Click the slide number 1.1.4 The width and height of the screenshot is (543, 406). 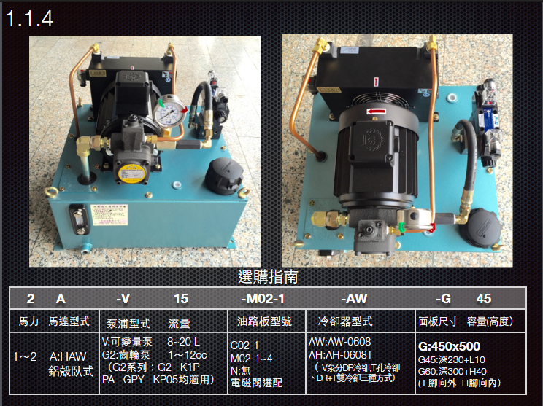(30, 17)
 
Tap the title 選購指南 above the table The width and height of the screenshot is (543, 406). (269, 277)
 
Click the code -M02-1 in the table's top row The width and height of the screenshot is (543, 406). (262, 299)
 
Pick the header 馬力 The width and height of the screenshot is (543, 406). (27, 321)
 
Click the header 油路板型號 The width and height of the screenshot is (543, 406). (261, 321)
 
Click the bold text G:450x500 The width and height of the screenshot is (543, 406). (449, 346)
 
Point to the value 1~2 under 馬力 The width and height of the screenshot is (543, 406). (25, 357)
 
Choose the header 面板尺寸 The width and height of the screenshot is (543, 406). (438, 321)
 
